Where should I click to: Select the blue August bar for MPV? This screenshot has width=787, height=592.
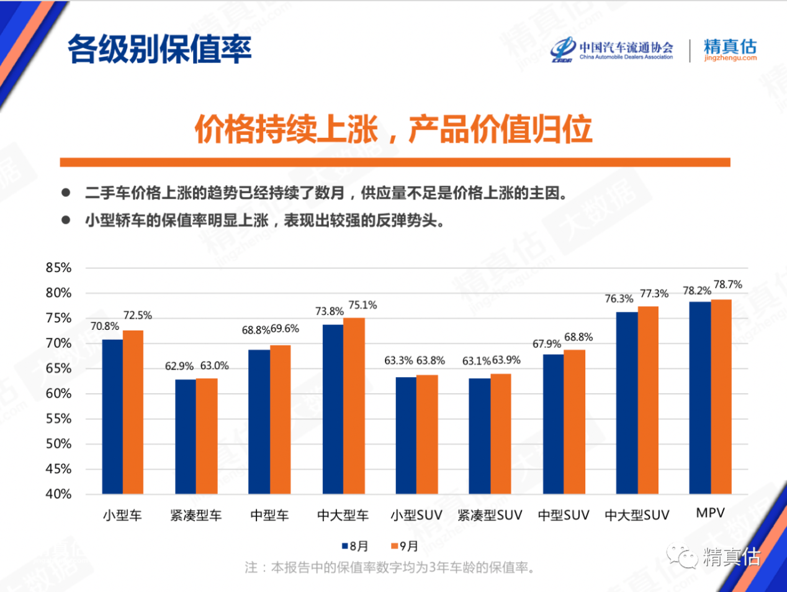pos(700,398)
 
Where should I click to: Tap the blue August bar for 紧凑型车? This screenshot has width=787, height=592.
pos(185,436)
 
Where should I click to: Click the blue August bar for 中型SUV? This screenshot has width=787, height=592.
pos(553,424)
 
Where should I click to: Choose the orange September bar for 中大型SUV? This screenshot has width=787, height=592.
pos(648,400)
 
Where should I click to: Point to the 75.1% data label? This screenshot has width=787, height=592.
pos(362,305)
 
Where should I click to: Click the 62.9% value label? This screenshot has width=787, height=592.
pos(179,367)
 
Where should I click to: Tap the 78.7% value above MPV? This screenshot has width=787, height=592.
pos(727,285)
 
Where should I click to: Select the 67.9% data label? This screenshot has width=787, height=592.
pos(546,344)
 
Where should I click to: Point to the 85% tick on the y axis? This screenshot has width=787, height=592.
pos(58,268)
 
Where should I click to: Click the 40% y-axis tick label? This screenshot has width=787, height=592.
pos(58,494)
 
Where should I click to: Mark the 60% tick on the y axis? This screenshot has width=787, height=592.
pos(58,393)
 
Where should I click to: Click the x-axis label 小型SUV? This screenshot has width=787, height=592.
pos(416,515)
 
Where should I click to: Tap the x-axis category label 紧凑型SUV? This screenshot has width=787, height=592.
pos(490,515)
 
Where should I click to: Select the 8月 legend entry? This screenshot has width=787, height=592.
pos(355,546)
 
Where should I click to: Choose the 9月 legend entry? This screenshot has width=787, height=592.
pos(405,546)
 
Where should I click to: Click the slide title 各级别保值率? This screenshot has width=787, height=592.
pos(160,48)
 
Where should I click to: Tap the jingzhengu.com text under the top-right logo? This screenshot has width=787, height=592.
pos(730,58)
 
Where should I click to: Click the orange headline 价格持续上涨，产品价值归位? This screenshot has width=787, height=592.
pos(393,129)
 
